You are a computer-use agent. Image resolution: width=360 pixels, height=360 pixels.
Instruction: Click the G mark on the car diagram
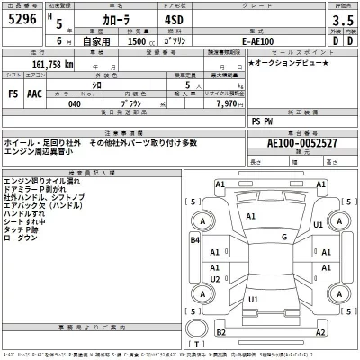[284, 238]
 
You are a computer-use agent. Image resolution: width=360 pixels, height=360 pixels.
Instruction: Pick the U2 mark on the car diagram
[215, 281]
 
